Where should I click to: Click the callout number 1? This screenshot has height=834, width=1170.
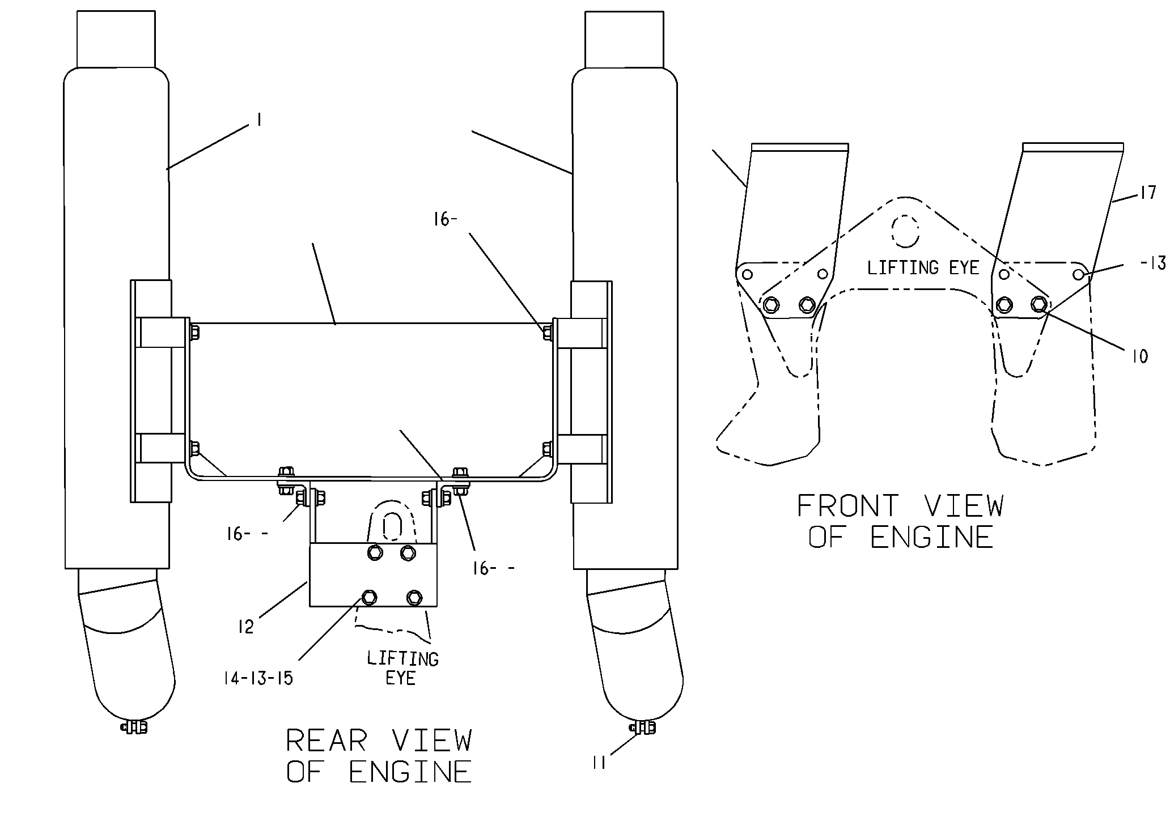258,120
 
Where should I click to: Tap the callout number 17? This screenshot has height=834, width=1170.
1147,193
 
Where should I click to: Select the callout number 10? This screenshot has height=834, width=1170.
1139,356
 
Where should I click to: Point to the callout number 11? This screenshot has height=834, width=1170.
599,763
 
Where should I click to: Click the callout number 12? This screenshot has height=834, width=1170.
245,627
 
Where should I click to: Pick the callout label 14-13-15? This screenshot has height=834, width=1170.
258,678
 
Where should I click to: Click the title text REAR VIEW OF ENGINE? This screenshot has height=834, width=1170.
379,756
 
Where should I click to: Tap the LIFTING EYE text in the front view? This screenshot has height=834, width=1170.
923,267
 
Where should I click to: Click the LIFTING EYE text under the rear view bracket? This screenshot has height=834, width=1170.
402,668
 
